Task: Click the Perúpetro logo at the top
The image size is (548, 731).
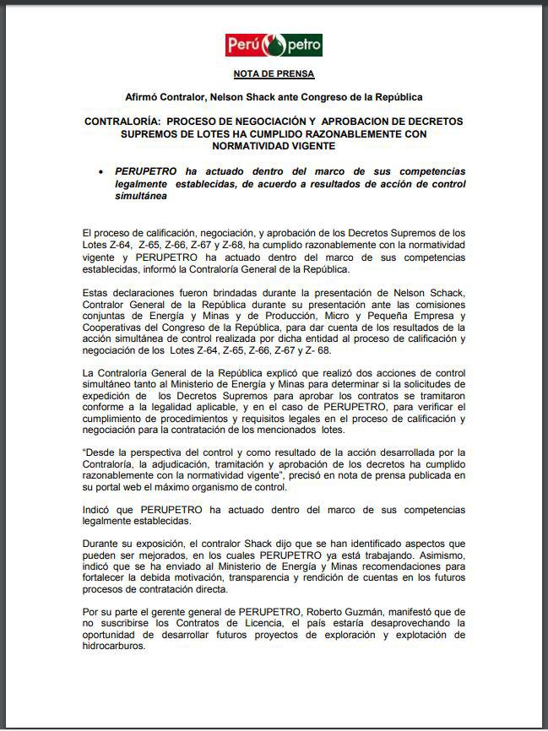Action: tap(274, 45)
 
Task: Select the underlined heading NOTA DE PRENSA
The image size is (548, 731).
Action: tap(274, 74)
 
